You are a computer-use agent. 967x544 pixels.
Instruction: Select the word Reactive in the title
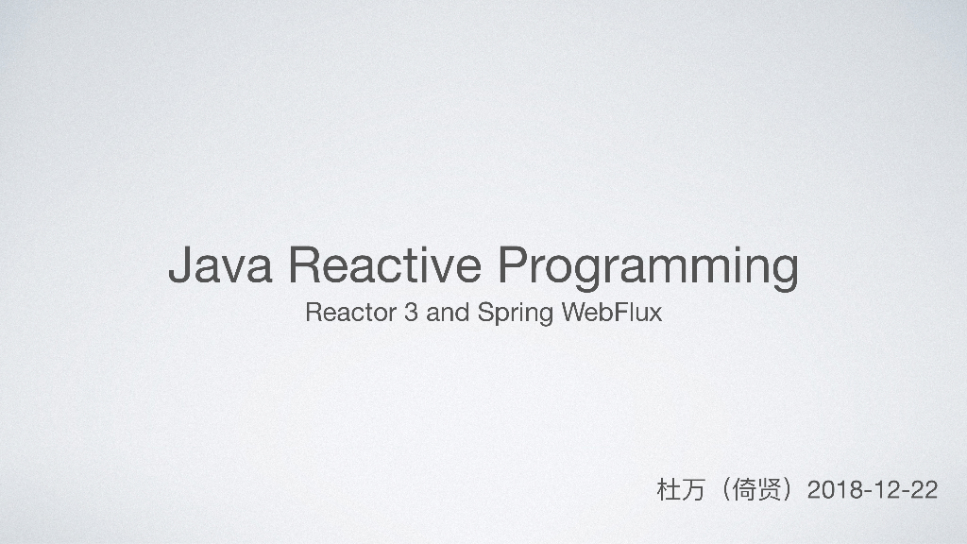386,265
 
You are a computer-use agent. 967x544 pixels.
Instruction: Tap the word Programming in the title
648,267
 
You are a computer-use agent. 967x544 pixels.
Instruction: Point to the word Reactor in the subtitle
349,313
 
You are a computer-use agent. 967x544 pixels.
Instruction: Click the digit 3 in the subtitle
411,313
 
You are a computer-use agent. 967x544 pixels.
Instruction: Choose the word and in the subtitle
448,313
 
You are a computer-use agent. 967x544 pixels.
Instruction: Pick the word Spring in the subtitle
516,314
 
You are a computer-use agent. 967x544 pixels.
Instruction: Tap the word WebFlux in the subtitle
612,313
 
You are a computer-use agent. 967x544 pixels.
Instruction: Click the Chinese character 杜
667,490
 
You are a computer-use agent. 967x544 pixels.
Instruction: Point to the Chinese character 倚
747,490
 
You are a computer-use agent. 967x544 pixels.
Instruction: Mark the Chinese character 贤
773,490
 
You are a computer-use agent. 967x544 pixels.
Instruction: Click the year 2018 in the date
835,490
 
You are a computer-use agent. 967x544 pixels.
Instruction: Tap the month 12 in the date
885,490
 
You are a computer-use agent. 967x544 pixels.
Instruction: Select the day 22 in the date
923,490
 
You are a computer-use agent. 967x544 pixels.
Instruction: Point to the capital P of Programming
513,265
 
